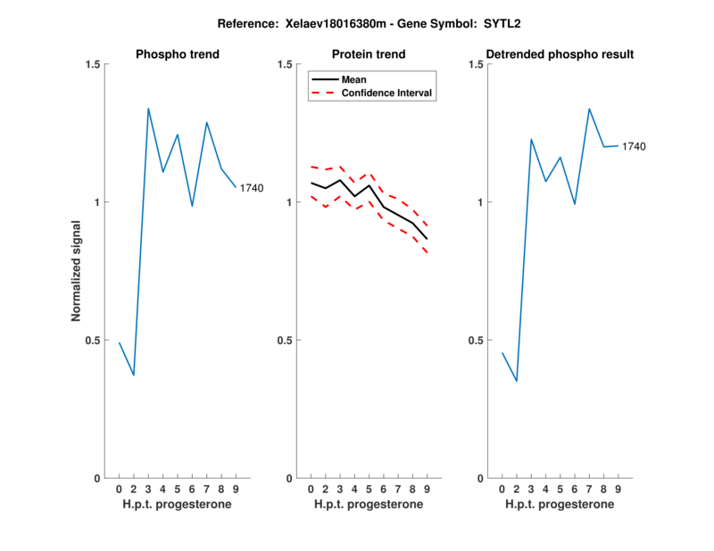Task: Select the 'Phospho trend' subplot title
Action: (x=178, y=54)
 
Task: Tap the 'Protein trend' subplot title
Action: (x=369, y=54)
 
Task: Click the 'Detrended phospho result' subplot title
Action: (x=560, y=54)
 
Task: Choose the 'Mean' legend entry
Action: (x=353, y=79)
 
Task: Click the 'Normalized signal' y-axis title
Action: (x=77, y=271)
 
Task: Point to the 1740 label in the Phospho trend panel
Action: (x=252, y=187)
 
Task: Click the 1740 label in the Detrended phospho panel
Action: (x=634, y=146)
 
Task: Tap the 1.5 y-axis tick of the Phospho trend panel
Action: (x=90, y=64)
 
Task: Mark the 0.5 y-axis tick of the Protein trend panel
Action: (x=285, y=341)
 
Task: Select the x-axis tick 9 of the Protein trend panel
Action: (x=427, y=489)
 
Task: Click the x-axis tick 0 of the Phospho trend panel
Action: (x=120, y=489)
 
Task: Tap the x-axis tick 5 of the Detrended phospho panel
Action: (x=560, y=489)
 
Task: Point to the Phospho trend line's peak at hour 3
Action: (x=148, y=109)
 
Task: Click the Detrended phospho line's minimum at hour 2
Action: (x=516, y=381)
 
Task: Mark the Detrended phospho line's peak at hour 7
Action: (x=589, y=109)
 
